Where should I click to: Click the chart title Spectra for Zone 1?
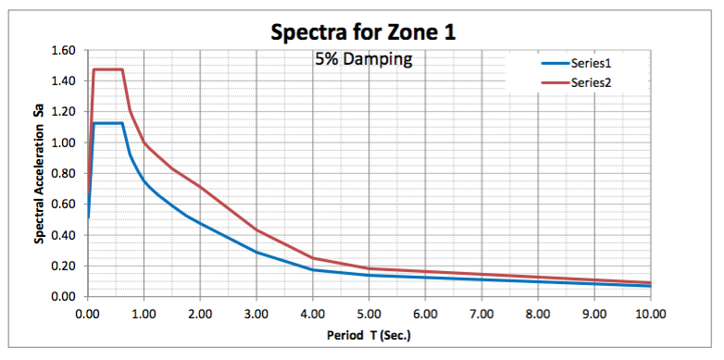point(363,31)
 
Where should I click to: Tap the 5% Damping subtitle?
point(363,58)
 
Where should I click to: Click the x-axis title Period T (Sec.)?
point(368,336)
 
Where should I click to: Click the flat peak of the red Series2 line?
point(108,69)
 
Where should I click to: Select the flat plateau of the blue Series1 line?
point(108,123)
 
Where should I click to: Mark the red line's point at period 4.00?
point(313,257)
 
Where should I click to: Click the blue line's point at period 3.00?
point(256,252)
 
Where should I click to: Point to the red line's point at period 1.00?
point(144,143)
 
